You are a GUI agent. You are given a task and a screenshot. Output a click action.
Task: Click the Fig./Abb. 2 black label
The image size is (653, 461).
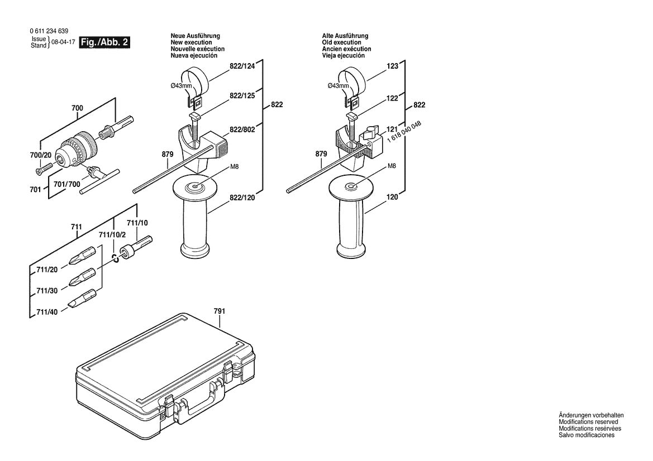[104, 42]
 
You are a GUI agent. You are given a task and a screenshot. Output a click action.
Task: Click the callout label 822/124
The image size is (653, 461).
[242, 66]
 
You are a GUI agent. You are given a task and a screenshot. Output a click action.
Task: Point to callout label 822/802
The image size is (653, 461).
[242, 129]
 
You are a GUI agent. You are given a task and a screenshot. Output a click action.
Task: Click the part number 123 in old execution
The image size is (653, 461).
[392, 66]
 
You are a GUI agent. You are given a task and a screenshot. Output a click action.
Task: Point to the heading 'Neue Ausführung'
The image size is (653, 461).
[195, 36]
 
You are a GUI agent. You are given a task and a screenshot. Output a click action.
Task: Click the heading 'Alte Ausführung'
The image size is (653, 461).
[345, 36]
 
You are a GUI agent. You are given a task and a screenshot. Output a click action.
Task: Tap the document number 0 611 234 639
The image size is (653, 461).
[50, 31]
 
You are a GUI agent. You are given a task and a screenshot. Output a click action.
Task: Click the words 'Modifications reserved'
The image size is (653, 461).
[588, 422]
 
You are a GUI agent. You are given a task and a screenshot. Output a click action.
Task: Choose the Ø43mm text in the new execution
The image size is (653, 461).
[182, 85]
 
